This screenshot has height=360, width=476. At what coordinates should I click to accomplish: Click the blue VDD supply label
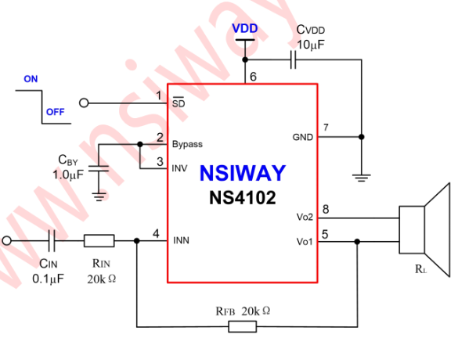pos(245,29)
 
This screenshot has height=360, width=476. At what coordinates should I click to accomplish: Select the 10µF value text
pos(310,45)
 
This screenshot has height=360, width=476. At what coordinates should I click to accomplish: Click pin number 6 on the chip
pos(252,77)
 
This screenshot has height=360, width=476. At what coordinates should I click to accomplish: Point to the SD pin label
pos(178,103)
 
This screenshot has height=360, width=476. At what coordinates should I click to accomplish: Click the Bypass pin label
pos(187,144)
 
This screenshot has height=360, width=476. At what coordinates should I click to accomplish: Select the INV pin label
pos(179,167)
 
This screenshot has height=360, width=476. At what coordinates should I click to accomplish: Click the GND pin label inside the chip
pos(303,137)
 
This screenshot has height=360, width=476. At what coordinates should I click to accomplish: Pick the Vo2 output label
pos(305,217)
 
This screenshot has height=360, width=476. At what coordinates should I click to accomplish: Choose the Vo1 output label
pos(305,241)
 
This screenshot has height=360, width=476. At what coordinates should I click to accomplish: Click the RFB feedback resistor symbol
pos(242,326)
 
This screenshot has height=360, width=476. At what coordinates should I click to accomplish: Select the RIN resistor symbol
pos(99,240)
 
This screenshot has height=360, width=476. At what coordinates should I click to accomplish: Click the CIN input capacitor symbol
pos(52,240)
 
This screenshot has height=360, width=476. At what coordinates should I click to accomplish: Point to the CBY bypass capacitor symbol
pos(99,170)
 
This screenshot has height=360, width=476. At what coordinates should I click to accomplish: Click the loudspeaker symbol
pos(427,229)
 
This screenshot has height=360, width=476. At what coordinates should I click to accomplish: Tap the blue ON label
pos(31,79)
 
